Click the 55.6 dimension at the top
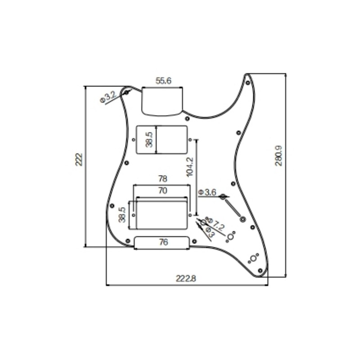pos(162,81)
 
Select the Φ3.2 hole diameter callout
pos(108,97)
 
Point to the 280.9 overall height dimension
pos(279,156)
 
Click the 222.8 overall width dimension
pos(186,279)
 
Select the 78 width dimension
pos(162,179)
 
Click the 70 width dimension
pos(162,191)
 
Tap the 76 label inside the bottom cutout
pos(163,243)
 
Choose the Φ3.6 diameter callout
pos(207,193)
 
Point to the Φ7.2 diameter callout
pos(217,224)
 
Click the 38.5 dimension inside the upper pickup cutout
pos(149,140)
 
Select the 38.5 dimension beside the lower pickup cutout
pos(122,215)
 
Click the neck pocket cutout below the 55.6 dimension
pos(162,101)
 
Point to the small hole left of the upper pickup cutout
pos(134,140)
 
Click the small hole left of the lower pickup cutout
pos(134,215)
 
